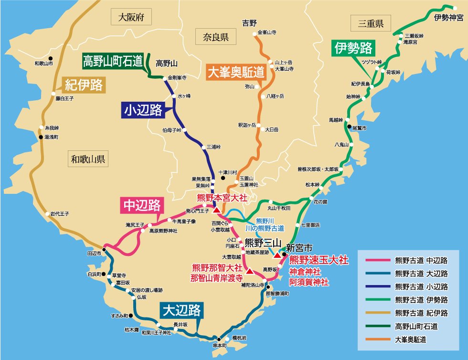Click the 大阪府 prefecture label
click(131, 19)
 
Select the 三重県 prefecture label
click(370, 23)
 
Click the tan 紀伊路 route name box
click(84, 85)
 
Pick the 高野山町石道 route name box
click(113, 61)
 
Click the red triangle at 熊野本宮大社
click(216, 210)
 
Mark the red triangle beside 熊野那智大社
click(249, 271)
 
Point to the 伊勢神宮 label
click(448, 18)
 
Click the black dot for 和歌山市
click(50, 58)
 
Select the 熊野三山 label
click(263, 242)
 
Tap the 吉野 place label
click(249, 22)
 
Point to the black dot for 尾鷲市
click(349, 128)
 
